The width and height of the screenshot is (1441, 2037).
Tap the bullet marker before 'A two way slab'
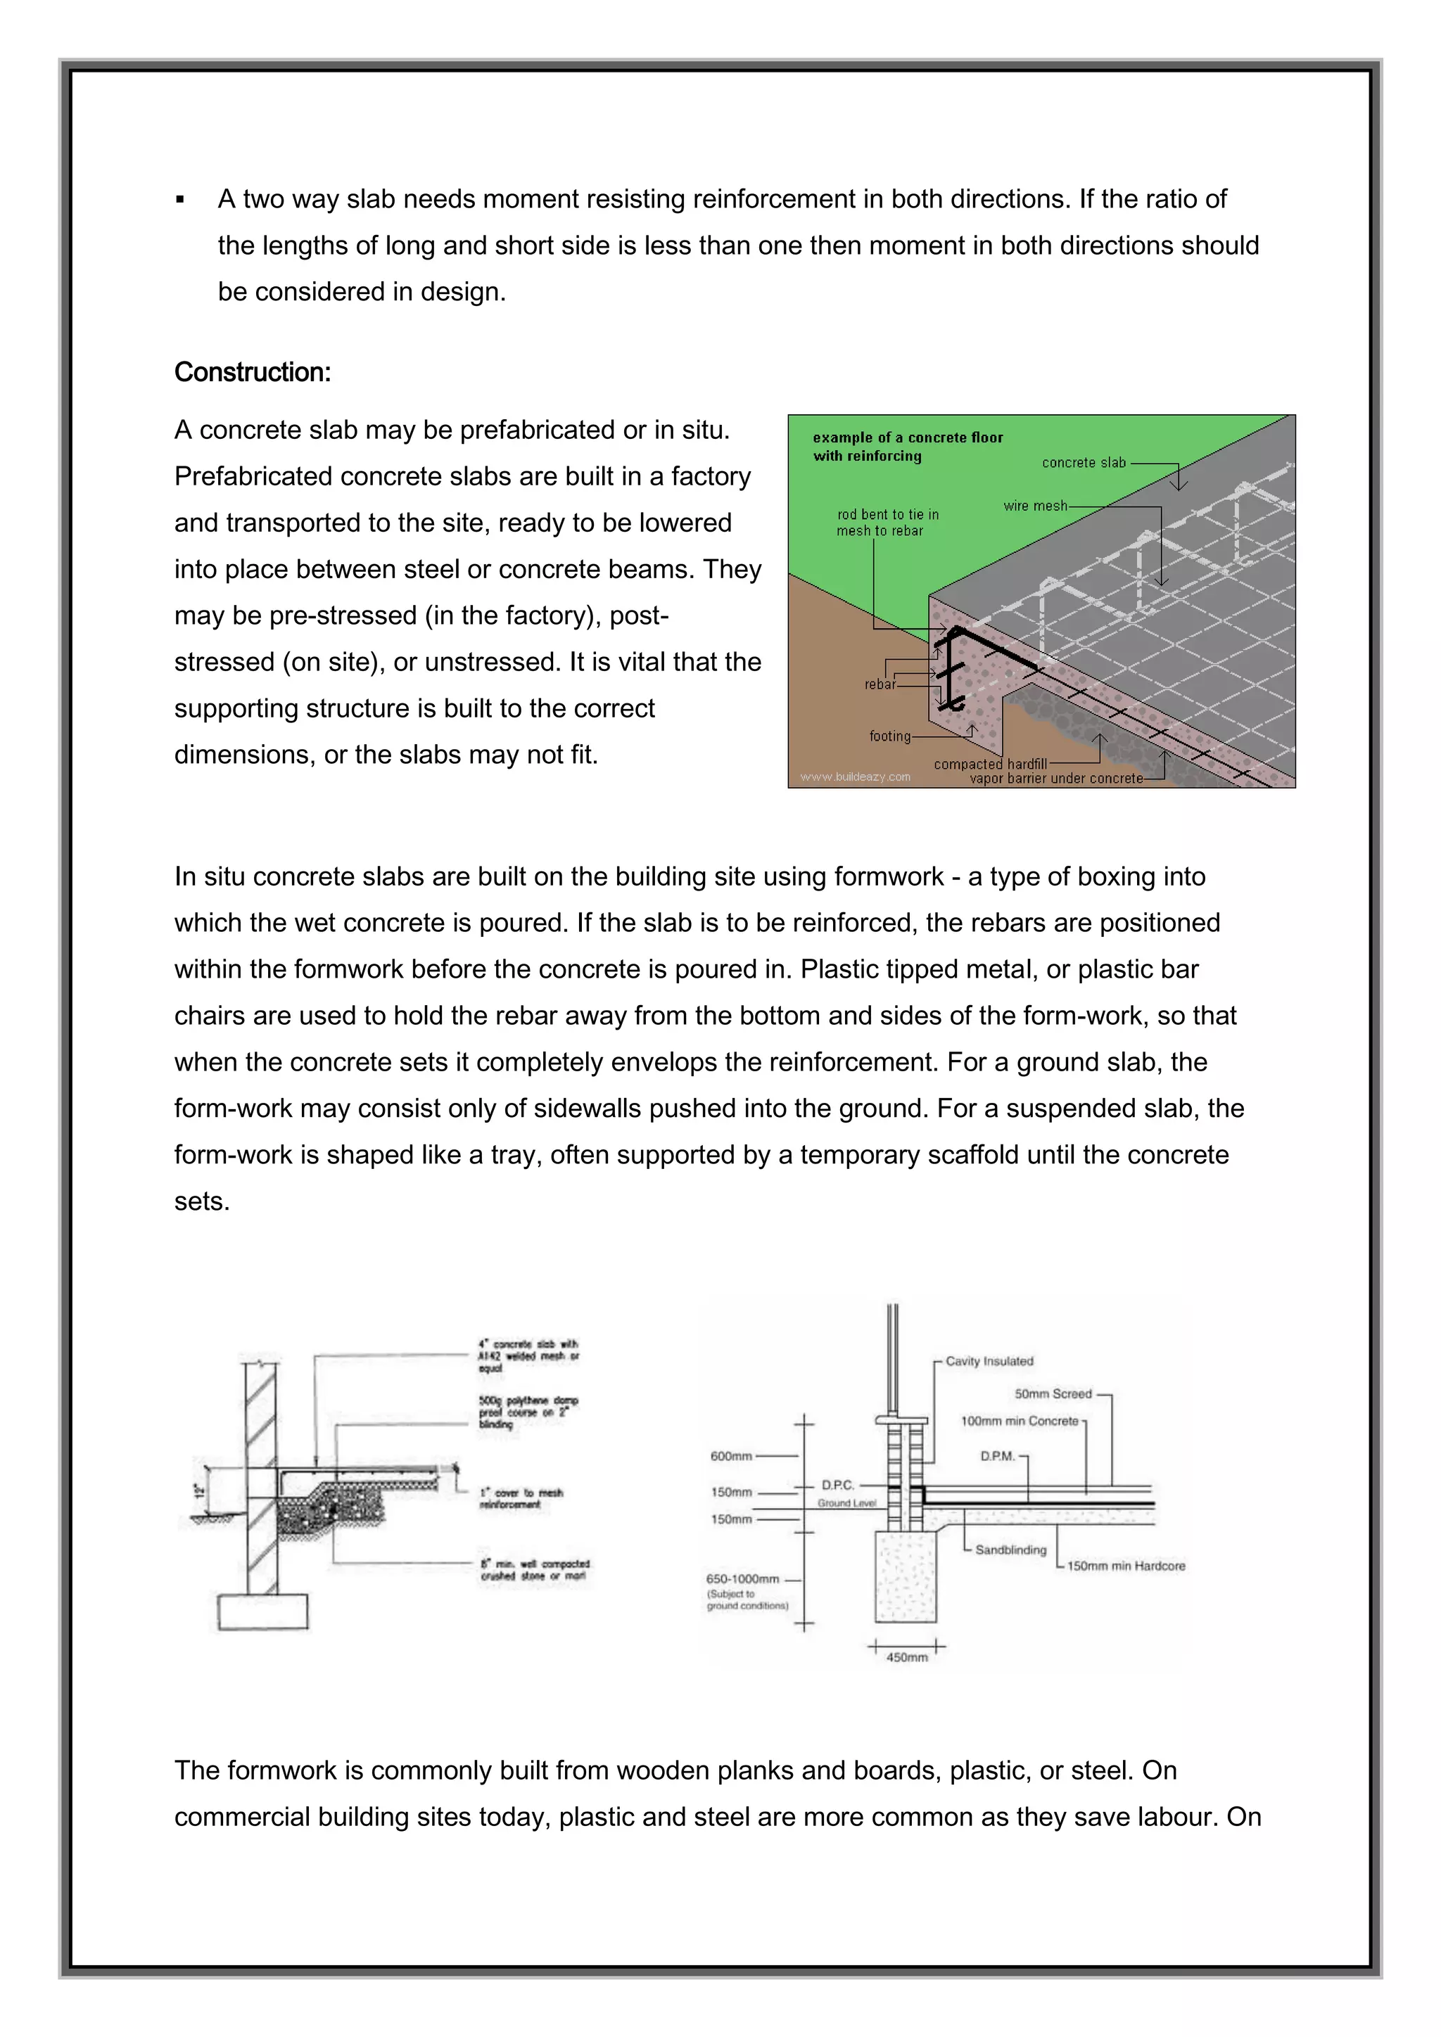click(180, 200)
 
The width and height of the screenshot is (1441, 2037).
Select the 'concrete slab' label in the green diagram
click(1084, 462)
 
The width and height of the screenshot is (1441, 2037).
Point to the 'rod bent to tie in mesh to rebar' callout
click(887, 523)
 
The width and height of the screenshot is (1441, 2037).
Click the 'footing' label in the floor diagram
click(890, 736)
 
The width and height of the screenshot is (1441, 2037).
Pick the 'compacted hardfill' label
click(989, 764)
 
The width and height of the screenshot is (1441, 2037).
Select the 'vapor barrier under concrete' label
click(1056, 779)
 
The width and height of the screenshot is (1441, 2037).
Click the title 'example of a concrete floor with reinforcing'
click(907, 446)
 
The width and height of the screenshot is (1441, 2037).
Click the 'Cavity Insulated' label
click(989, 1361)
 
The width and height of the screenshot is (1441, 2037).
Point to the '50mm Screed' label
click(1053, 1394)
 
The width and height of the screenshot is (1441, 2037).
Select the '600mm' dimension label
click(731, 1456)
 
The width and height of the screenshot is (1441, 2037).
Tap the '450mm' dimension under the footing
click(907, 1657)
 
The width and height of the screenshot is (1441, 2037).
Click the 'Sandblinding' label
click(1010, 1550)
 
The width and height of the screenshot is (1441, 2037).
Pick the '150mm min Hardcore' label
click(1125, 1566)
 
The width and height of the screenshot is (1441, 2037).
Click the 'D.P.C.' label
click(837, 1485)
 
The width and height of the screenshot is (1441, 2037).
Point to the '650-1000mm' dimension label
click(743, 1579)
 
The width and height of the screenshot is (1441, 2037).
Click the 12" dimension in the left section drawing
click(200, 1490)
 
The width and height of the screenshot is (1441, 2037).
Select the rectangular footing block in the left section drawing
click(262, 1611)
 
